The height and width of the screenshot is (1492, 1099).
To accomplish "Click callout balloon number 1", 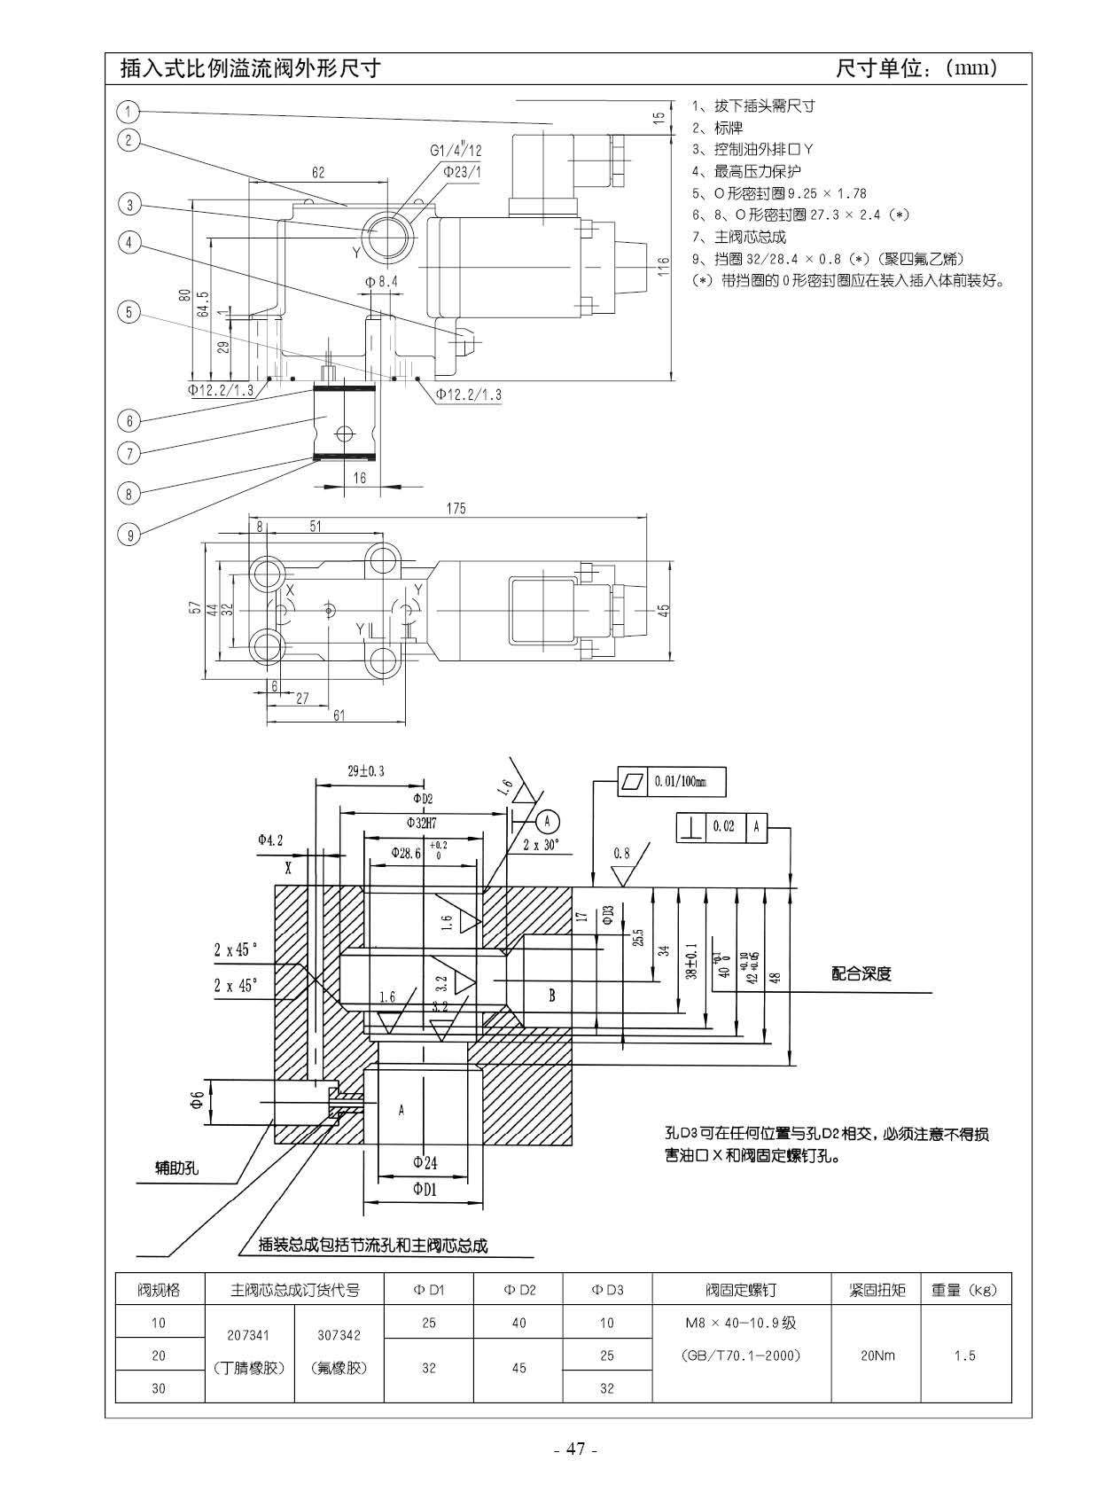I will [129, 112].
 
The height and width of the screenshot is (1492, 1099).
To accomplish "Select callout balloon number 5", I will [129, 312].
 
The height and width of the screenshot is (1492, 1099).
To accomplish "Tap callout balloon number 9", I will [129, 535].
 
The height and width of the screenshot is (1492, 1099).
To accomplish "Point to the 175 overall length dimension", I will [456, 508].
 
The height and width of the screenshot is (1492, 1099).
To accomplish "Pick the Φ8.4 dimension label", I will [381, 281].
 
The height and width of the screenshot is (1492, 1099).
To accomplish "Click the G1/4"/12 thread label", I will [456, 151].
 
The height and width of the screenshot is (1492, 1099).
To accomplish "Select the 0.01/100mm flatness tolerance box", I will [672, 781].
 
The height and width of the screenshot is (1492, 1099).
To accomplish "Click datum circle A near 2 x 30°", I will [548, 818].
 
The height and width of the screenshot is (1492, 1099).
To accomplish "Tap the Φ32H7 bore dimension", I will [422, 822].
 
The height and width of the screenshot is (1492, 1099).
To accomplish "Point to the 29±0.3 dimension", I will [366, 771].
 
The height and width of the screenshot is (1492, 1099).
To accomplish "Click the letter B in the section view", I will [551, 996].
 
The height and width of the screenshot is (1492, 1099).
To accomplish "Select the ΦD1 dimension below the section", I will [425, 1190].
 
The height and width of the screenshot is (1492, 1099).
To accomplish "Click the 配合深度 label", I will [861, 973].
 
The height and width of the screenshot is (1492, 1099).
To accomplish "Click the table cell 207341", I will [248, 1335].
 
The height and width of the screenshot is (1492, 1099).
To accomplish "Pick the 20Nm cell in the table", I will [877, 1355].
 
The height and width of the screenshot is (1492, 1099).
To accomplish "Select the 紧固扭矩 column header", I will [877, 1290].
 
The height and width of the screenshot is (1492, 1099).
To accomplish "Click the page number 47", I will [576, 1449].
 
